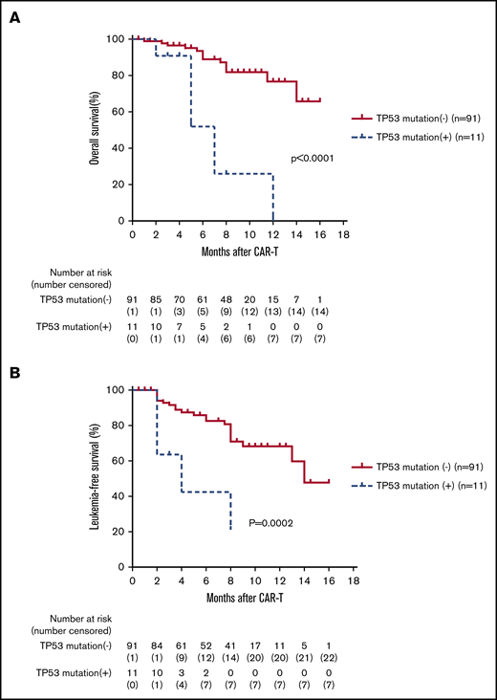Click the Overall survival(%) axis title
[x=95, y=130]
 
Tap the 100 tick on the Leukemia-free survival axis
[x=116, y=389]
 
